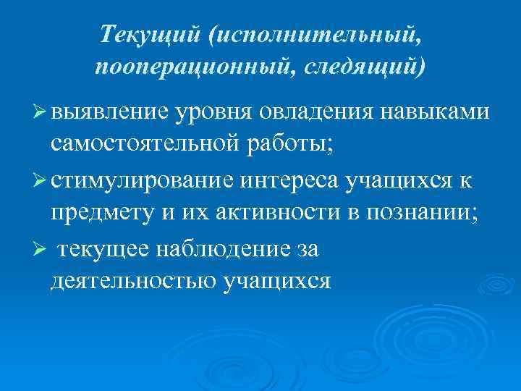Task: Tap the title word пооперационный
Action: coord(184,67)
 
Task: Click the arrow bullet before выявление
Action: coord(41,112)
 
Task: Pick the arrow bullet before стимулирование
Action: coord(41,181)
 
